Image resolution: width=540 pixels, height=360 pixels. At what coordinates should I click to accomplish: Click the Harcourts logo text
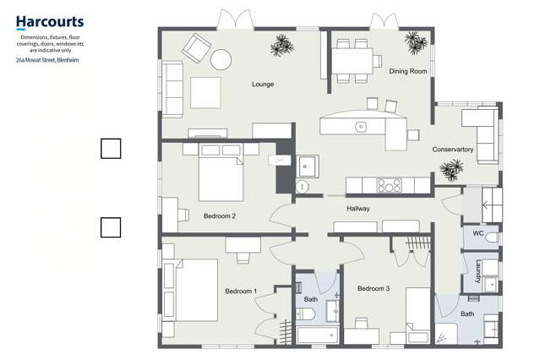coord(49,22)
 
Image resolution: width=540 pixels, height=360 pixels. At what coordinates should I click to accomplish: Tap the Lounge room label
coord(264,85)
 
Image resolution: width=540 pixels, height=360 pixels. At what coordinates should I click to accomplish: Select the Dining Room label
coord(408,72)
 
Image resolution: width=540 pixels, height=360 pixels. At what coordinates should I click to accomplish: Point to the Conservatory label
coord(453,150)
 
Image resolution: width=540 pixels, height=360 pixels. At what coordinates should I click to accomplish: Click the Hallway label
coord(360,209)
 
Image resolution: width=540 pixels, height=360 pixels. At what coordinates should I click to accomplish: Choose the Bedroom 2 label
coord(219,216)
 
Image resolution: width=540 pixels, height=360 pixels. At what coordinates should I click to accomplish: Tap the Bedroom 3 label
coord(373,289)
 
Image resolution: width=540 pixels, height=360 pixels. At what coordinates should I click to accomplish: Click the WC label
coord(477,233)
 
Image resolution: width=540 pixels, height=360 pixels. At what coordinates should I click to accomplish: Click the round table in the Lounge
coord(221,59)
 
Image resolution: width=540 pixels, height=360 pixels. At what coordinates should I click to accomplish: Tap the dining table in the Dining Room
coord(351,59)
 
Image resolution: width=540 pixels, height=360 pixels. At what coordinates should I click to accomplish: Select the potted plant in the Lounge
coord(281,44)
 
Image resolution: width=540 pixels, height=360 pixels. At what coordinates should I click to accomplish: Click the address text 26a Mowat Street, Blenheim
coord(49,60)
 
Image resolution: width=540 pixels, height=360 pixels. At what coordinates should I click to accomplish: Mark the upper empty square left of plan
coord(111,149)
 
